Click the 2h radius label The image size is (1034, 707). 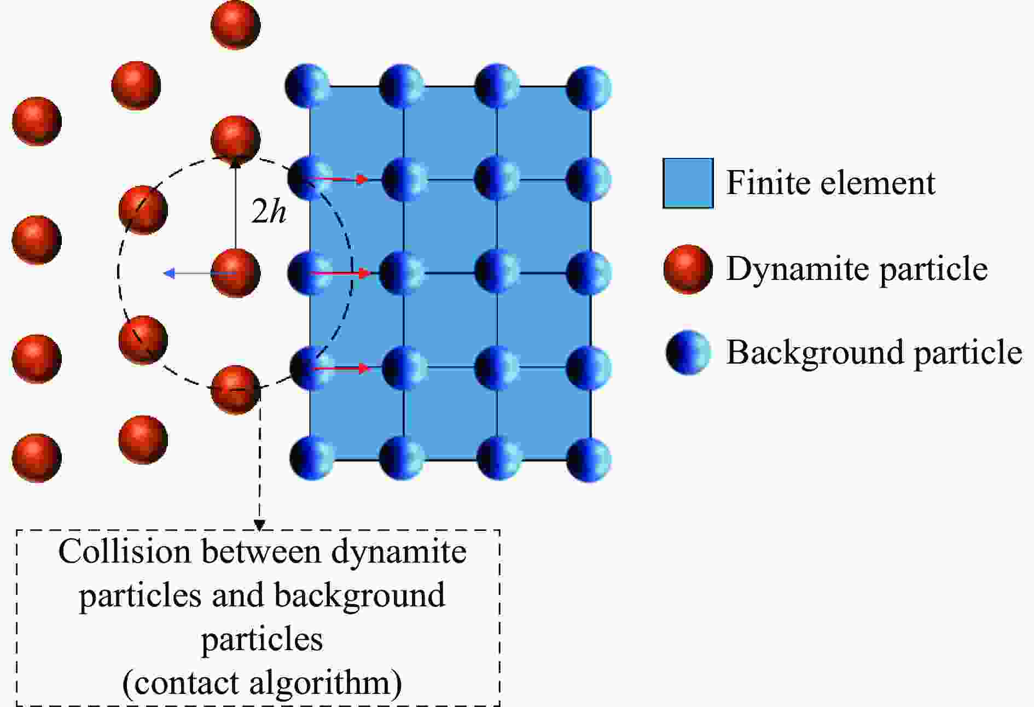point(269,211)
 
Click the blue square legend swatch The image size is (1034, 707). point(688,183)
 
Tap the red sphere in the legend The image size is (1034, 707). point(688,269)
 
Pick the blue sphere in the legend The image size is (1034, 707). point(688,352)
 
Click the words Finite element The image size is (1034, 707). point(830,183)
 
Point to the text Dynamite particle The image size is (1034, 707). point(856,268)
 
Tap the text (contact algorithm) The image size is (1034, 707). point(262,682)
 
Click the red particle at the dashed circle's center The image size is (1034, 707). point(236,273)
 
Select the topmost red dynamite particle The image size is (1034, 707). point(236,25)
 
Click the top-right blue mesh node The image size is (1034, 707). point(589,87)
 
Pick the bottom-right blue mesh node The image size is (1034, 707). point(589,458)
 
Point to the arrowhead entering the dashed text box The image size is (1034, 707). point(259,525)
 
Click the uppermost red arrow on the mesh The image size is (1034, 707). point(339,179)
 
